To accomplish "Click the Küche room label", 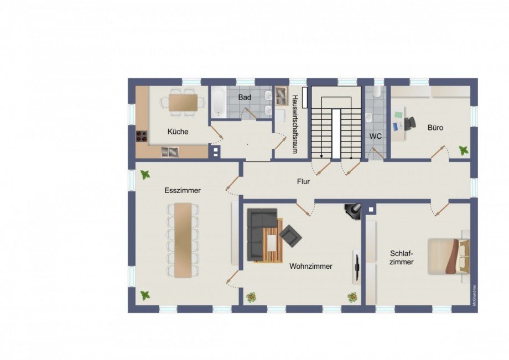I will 178,132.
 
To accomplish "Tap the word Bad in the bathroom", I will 245,97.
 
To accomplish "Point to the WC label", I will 376,135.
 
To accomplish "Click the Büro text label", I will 435,128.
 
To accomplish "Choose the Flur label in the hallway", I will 303,181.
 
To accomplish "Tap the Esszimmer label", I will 182,190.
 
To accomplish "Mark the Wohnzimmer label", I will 311,266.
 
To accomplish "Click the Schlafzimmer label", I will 401,258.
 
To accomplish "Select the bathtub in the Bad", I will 217,102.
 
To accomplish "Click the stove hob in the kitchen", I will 141,135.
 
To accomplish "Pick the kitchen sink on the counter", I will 170,152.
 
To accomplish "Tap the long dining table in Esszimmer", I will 183,239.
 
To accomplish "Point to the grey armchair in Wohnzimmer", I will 290,236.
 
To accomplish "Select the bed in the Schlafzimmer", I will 448,255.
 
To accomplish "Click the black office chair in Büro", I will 409,123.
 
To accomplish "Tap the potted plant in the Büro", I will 463,150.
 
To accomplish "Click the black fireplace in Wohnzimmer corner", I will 352,210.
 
